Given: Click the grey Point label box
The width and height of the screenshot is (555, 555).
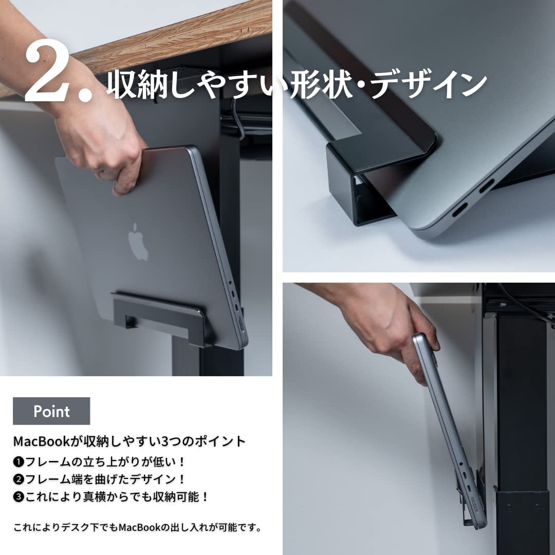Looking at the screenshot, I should tap(51, 411).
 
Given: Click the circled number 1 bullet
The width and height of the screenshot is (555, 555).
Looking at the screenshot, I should tap(18, 461).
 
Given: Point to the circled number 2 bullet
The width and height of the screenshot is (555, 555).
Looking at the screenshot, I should tap(18, 479).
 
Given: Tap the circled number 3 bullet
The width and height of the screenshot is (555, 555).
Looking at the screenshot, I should tap(18, 497).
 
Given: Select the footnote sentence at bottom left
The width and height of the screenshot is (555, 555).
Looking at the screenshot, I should tap(138, 527).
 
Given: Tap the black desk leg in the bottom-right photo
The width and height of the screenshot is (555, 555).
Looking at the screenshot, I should tap(519, 411).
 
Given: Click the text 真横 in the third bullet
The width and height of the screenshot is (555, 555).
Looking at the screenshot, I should tap(103, 497).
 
